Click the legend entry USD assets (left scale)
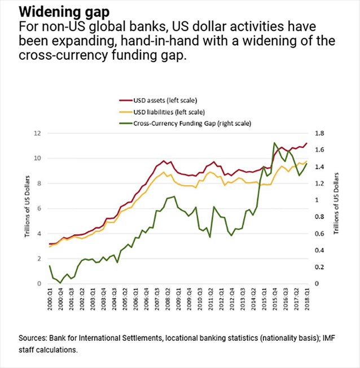(163, 100)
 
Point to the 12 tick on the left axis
(38, 133)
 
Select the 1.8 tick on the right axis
(320, 133)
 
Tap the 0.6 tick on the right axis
(320, 233)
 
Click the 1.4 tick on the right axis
(320, 167)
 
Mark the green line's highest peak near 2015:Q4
(274, 143)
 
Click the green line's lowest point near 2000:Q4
(60, 282)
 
